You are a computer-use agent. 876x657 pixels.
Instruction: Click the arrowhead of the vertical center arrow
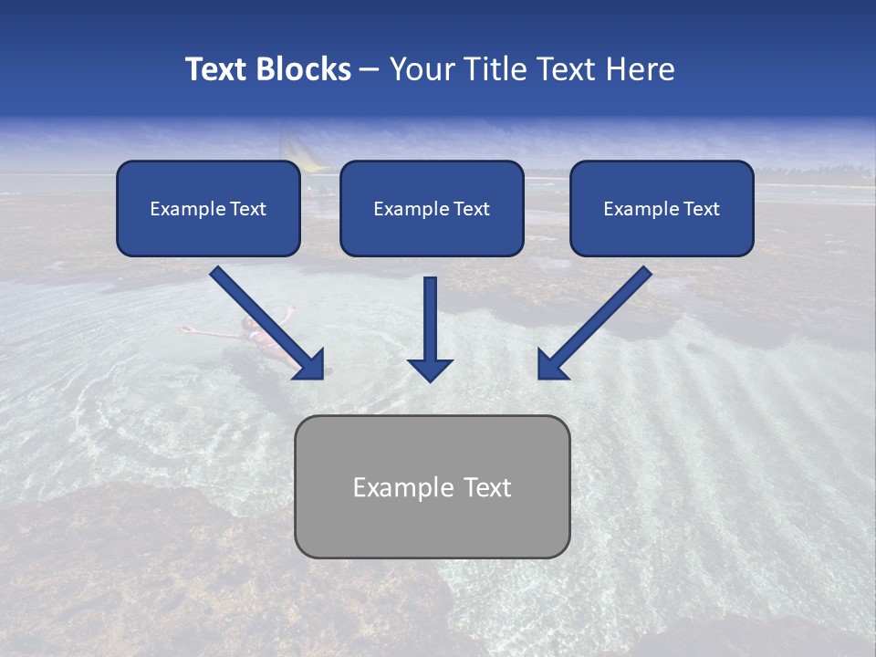click(x=430, y=370)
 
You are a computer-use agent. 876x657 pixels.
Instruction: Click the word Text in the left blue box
click(x=248, y=209)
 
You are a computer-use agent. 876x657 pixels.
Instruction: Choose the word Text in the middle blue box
click(x=472, y=209)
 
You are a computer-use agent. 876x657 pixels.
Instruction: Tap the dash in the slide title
click(x=370, y=69)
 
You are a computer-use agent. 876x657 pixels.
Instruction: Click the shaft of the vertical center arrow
click(x=430, y=315)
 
